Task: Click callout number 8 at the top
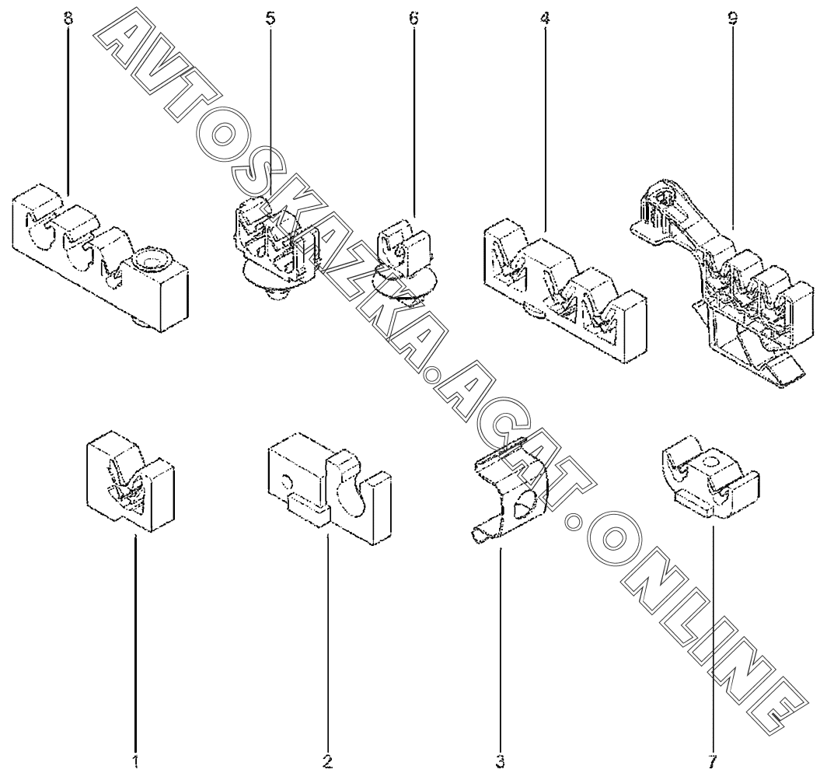tap(68, 19)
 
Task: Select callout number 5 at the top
tap(270, 19)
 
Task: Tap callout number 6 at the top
tap(413, 19)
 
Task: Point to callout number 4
tap(544, 19)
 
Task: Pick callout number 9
tap(732, 19)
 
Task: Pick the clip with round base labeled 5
tap(276, 245)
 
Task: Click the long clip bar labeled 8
tap(101, 257)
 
